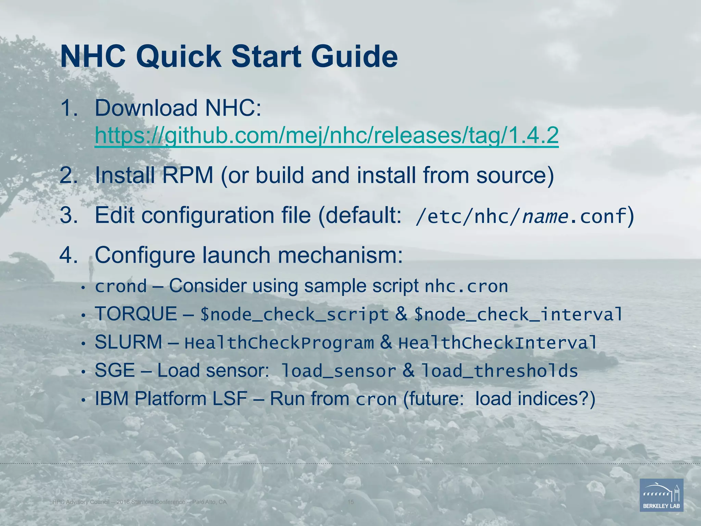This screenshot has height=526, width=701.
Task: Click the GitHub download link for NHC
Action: tap(327, 136)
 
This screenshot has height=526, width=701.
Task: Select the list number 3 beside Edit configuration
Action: tap(68, 216)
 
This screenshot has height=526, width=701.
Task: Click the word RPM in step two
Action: tap(188, 175)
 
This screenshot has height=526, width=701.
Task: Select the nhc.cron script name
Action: tap(466, 287)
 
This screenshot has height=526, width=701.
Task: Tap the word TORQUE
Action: tap(136, 314)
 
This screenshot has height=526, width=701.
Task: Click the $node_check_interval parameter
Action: tap(518, 315)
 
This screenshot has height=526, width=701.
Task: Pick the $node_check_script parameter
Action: tap(294, 315)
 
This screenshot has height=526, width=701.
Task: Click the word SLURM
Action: tap(128, 342)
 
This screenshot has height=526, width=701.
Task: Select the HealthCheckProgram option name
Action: tap(279, 343)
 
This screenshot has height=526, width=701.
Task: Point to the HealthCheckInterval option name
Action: tap(498, 343)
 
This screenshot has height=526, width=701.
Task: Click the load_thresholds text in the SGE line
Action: tap(499, 371)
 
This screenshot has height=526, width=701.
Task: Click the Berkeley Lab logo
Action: tap(661, 495)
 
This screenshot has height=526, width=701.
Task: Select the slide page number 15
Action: tap(350, 502)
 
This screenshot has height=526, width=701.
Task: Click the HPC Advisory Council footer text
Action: tap(139, 502)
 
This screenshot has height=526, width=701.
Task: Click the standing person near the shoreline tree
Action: tap(91, 269)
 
